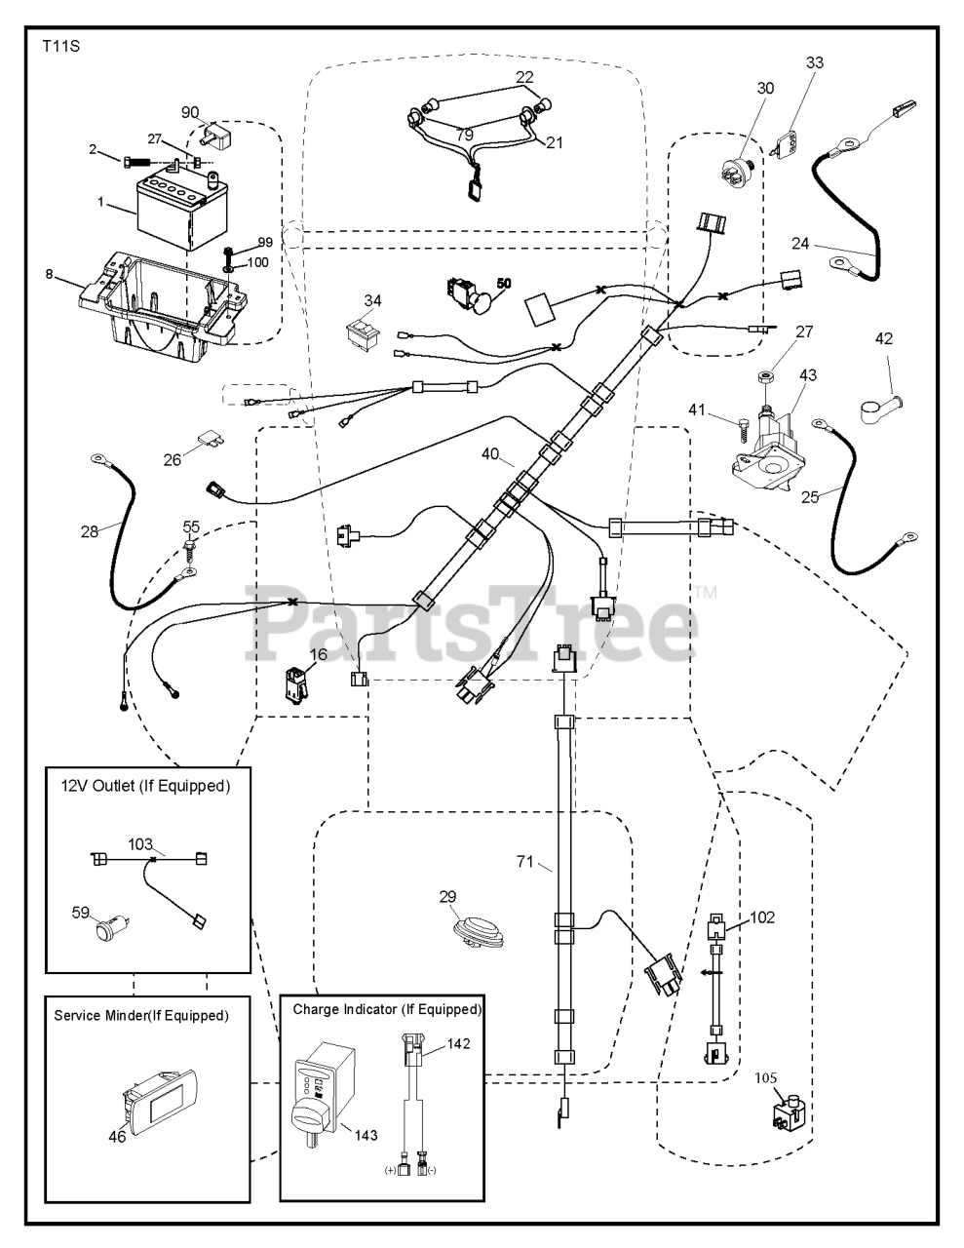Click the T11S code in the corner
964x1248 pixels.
point(60,46)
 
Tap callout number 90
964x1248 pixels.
point(189,112)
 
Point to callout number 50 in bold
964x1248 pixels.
point(503,282)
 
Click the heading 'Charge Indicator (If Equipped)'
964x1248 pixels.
point(387,1009)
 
